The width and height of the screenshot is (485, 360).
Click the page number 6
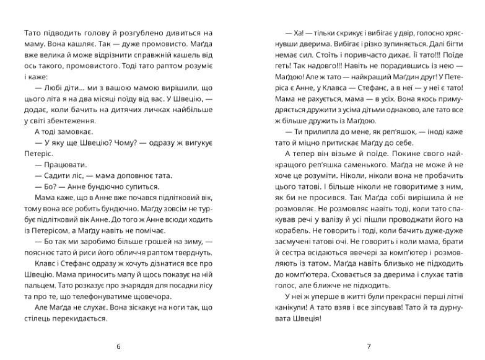pos(118,346)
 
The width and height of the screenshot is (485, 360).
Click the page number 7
pos(368,346)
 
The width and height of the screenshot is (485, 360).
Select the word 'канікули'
pos(287,307)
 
